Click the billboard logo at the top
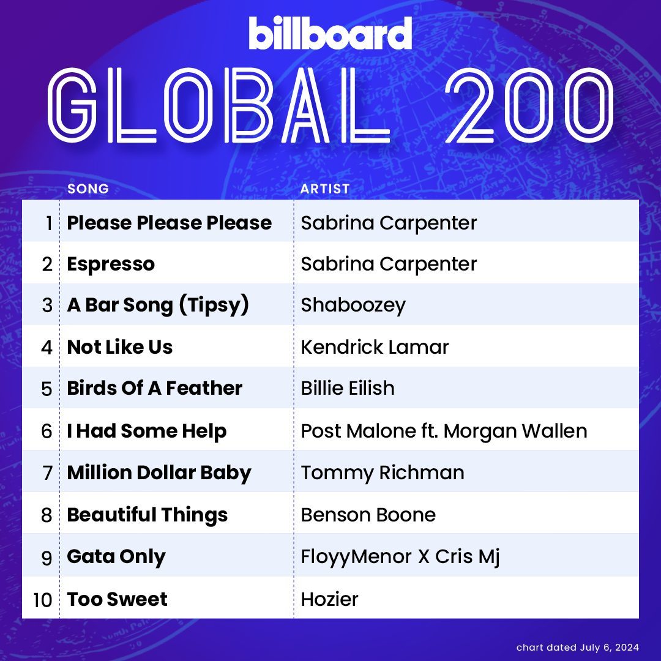point(330,33)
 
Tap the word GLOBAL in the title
point(218,105)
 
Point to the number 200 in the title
point(529,105)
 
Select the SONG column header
point(88,189)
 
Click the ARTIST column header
point(324,189)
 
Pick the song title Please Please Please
point(170,223)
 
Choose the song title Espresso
point(111,264)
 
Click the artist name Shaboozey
point(353,305)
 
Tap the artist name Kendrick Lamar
point(375,347)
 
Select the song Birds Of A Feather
point(155,388)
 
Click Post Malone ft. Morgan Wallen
point(444,431)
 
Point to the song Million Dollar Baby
point(159,472)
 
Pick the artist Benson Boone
point(368,515)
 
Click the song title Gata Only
point(116,556)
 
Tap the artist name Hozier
point(330,599)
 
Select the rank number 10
point(43,600)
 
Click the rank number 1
point(49,223)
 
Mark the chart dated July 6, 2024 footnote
point(578,647)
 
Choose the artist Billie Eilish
point(348,388)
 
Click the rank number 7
point(47,473)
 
